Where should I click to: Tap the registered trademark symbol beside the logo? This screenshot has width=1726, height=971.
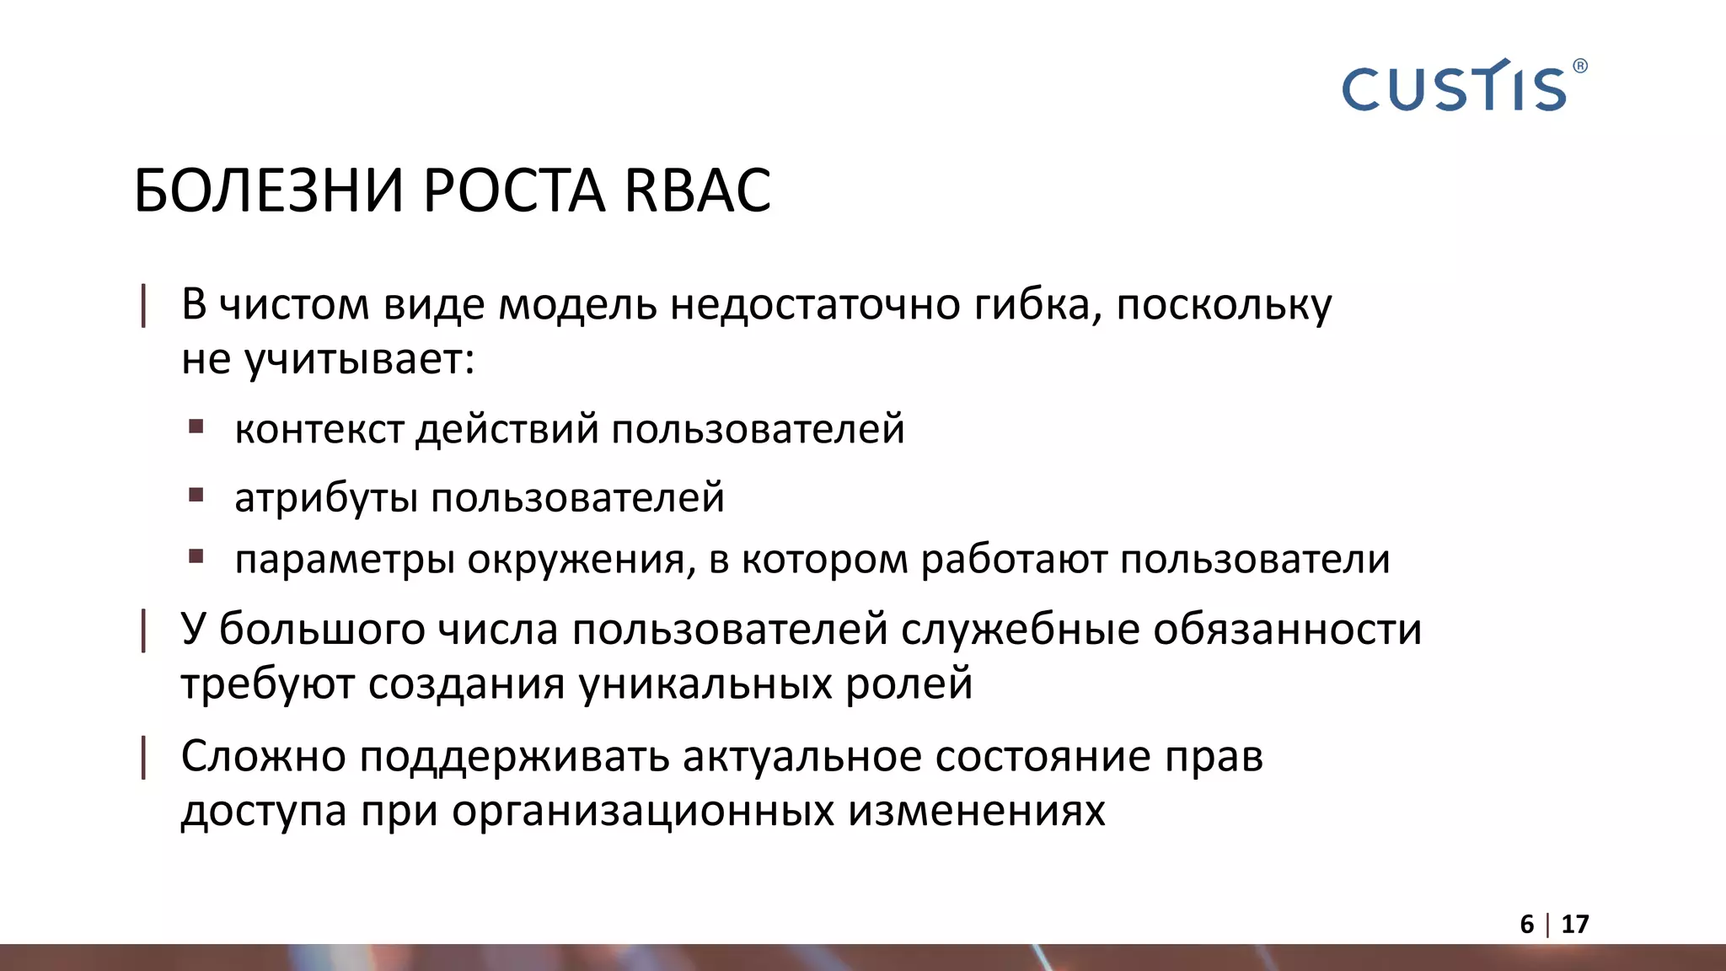pyautogui.click(x=1579, y=66)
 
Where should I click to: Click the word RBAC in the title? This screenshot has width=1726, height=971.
pyautogui.click(x=697, y=190)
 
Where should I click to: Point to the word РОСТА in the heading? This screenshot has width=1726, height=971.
pyautogui.click(x=513, y=190)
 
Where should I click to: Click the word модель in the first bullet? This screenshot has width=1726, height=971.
pyautogui.click(x=577, y=304)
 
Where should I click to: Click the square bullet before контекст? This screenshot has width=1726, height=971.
pyautogui.click(x=196, y=426)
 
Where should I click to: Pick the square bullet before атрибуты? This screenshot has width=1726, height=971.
pyautogui.click(x=196, y=495)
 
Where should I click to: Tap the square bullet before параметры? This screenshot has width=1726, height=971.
pyautogui.click(x=196, y=556)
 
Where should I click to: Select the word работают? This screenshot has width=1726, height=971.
pyautogui.click(x=1014, y=560)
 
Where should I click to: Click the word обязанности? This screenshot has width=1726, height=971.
pyautogui.click(x=1287, y=630)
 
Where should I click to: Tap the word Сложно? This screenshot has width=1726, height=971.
pyautogui.click(x=263, y=756)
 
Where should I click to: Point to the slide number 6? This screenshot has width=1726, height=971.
pyautogui.click(x=1526, y=925)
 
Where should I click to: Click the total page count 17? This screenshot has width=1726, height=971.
pyautogui.click(x=1574, y=925)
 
